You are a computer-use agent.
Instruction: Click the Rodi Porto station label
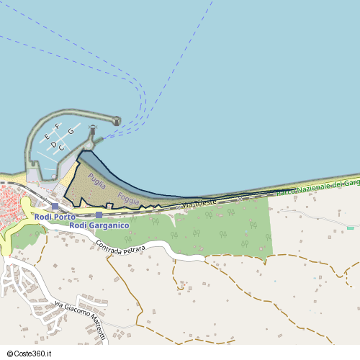(55, 216)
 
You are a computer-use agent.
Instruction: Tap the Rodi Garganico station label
(99, 225)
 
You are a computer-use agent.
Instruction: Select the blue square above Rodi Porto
(55, 207)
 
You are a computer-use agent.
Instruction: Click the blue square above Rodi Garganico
(99, 215)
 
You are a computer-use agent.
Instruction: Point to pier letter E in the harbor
(47, 136)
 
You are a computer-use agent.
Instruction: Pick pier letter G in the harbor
(71, 130)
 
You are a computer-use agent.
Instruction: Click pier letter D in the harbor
(53, 145)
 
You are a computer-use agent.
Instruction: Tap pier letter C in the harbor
(62, 148)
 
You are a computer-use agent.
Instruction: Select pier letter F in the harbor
(57, 133)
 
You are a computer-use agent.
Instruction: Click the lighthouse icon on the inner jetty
(92, 130)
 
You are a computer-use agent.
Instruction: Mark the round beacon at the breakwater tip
(117, 121)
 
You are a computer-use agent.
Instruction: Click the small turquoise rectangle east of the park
(351, 228)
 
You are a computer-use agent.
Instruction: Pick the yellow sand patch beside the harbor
(70, 173)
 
